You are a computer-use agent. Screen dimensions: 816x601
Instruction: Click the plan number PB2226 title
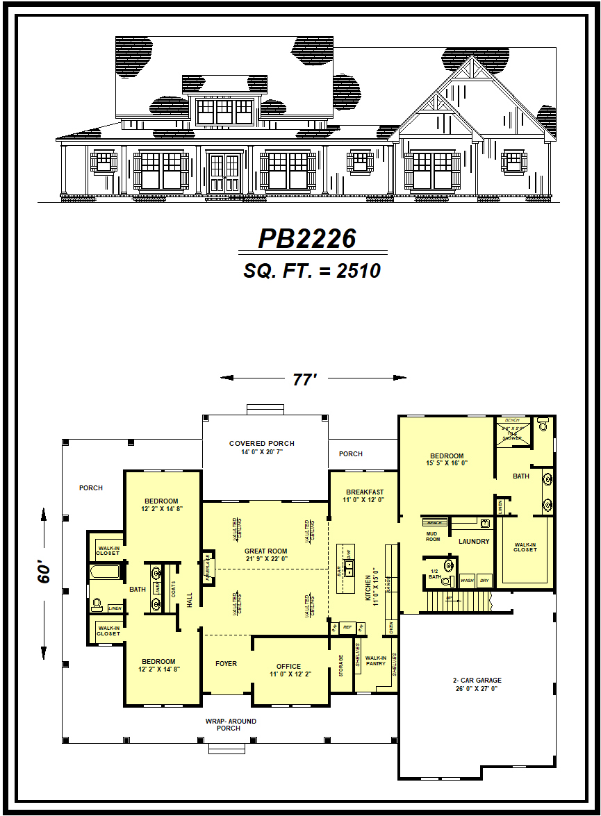307,239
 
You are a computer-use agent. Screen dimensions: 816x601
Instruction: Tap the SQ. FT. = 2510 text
312,271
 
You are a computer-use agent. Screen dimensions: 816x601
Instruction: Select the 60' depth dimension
44,573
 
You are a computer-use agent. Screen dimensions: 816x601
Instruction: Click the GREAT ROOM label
265,554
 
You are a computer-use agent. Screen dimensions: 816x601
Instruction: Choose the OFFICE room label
288,670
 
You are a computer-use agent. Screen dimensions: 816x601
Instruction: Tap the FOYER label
226,664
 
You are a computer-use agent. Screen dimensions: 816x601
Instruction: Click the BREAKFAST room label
365,496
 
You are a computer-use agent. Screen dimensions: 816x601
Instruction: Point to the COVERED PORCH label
262,447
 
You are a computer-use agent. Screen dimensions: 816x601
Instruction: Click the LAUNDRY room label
474,542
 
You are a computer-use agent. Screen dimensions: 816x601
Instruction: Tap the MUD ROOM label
433,536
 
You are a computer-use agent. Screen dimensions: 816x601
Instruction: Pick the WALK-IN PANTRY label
375,660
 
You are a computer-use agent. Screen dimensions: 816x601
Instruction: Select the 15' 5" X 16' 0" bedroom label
446,460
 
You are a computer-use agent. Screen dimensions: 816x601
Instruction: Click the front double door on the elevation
224,173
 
